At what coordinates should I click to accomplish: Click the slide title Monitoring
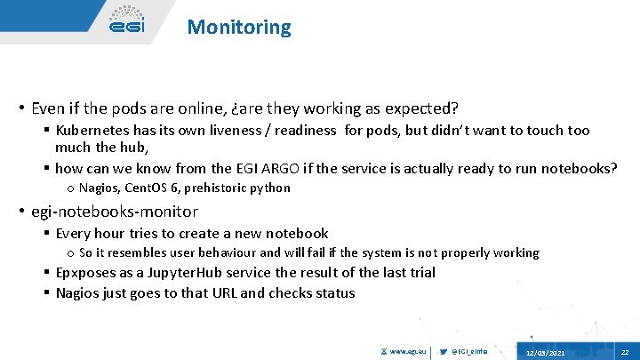[x=238, y=27]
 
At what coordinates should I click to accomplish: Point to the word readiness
[x=300, y=131]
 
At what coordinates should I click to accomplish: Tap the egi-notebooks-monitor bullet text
[x=115, y=212]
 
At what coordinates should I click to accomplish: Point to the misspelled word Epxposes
[x=91, y=273]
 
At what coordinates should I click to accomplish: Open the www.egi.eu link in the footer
[x=408, y=352]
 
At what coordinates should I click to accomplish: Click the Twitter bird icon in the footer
[x=444, y=352]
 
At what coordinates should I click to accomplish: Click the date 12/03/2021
[x=545, y=353]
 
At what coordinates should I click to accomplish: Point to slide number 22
[x=625, y=352]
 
